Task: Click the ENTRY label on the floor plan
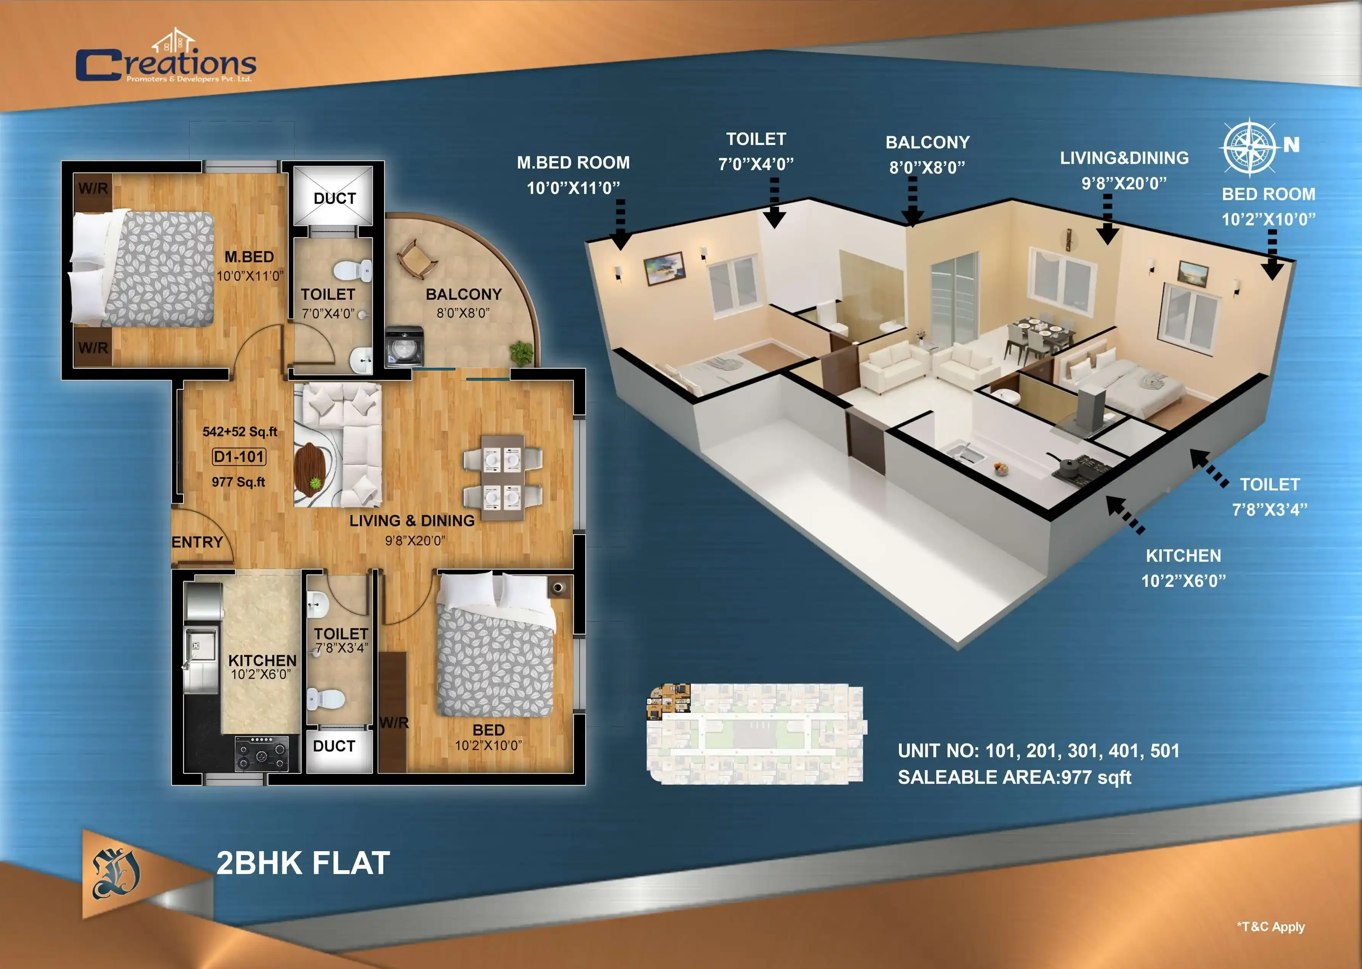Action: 197,542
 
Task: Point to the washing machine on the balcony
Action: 405,346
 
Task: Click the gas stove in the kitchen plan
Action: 261,754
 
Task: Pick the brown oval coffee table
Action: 309,469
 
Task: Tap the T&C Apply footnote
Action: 1271,927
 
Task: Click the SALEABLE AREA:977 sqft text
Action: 1014,777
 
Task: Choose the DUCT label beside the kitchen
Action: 334,746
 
